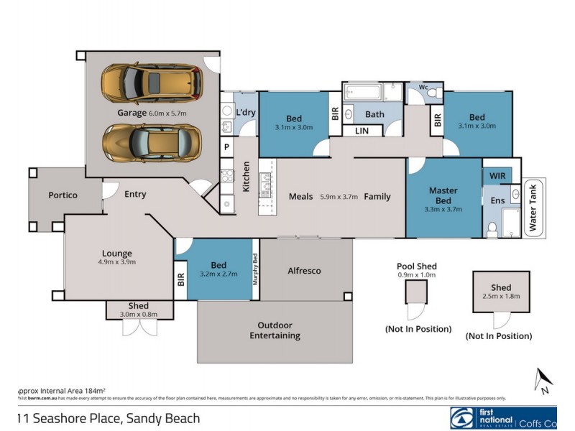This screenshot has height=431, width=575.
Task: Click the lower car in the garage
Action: pos(149,142)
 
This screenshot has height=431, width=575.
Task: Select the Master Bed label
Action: pos(443,195)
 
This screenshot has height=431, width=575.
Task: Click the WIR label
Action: pos(497,175)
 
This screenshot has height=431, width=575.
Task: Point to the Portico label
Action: pos(63,195)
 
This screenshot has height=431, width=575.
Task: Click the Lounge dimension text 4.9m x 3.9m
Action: pos(116,262)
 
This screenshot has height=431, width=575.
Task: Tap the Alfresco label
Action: pos(304,271)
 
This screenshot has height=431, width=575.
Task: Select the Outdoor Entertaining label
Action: pos(275,330)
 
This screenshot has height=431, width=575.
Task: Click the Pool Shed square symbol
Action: pos(416,292)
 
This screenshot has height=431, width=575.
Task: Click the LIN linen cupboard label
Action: pos(362,131)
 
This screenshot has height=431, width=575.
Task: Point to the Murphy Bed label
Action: pos(255,269)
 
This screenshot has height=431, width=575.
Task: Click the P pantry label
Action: pos(226,147)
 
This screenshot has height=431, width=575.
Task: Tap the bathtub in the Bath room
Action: pos(362,93)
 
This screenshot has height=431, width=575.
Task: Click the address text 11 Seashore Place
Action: pos(108,418)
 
